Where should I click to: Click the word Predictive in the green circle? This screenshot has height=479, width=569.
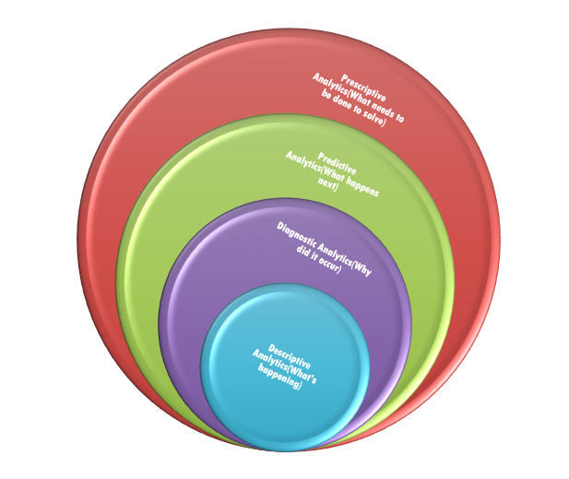pyautogui.click(x=337, y=158)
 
